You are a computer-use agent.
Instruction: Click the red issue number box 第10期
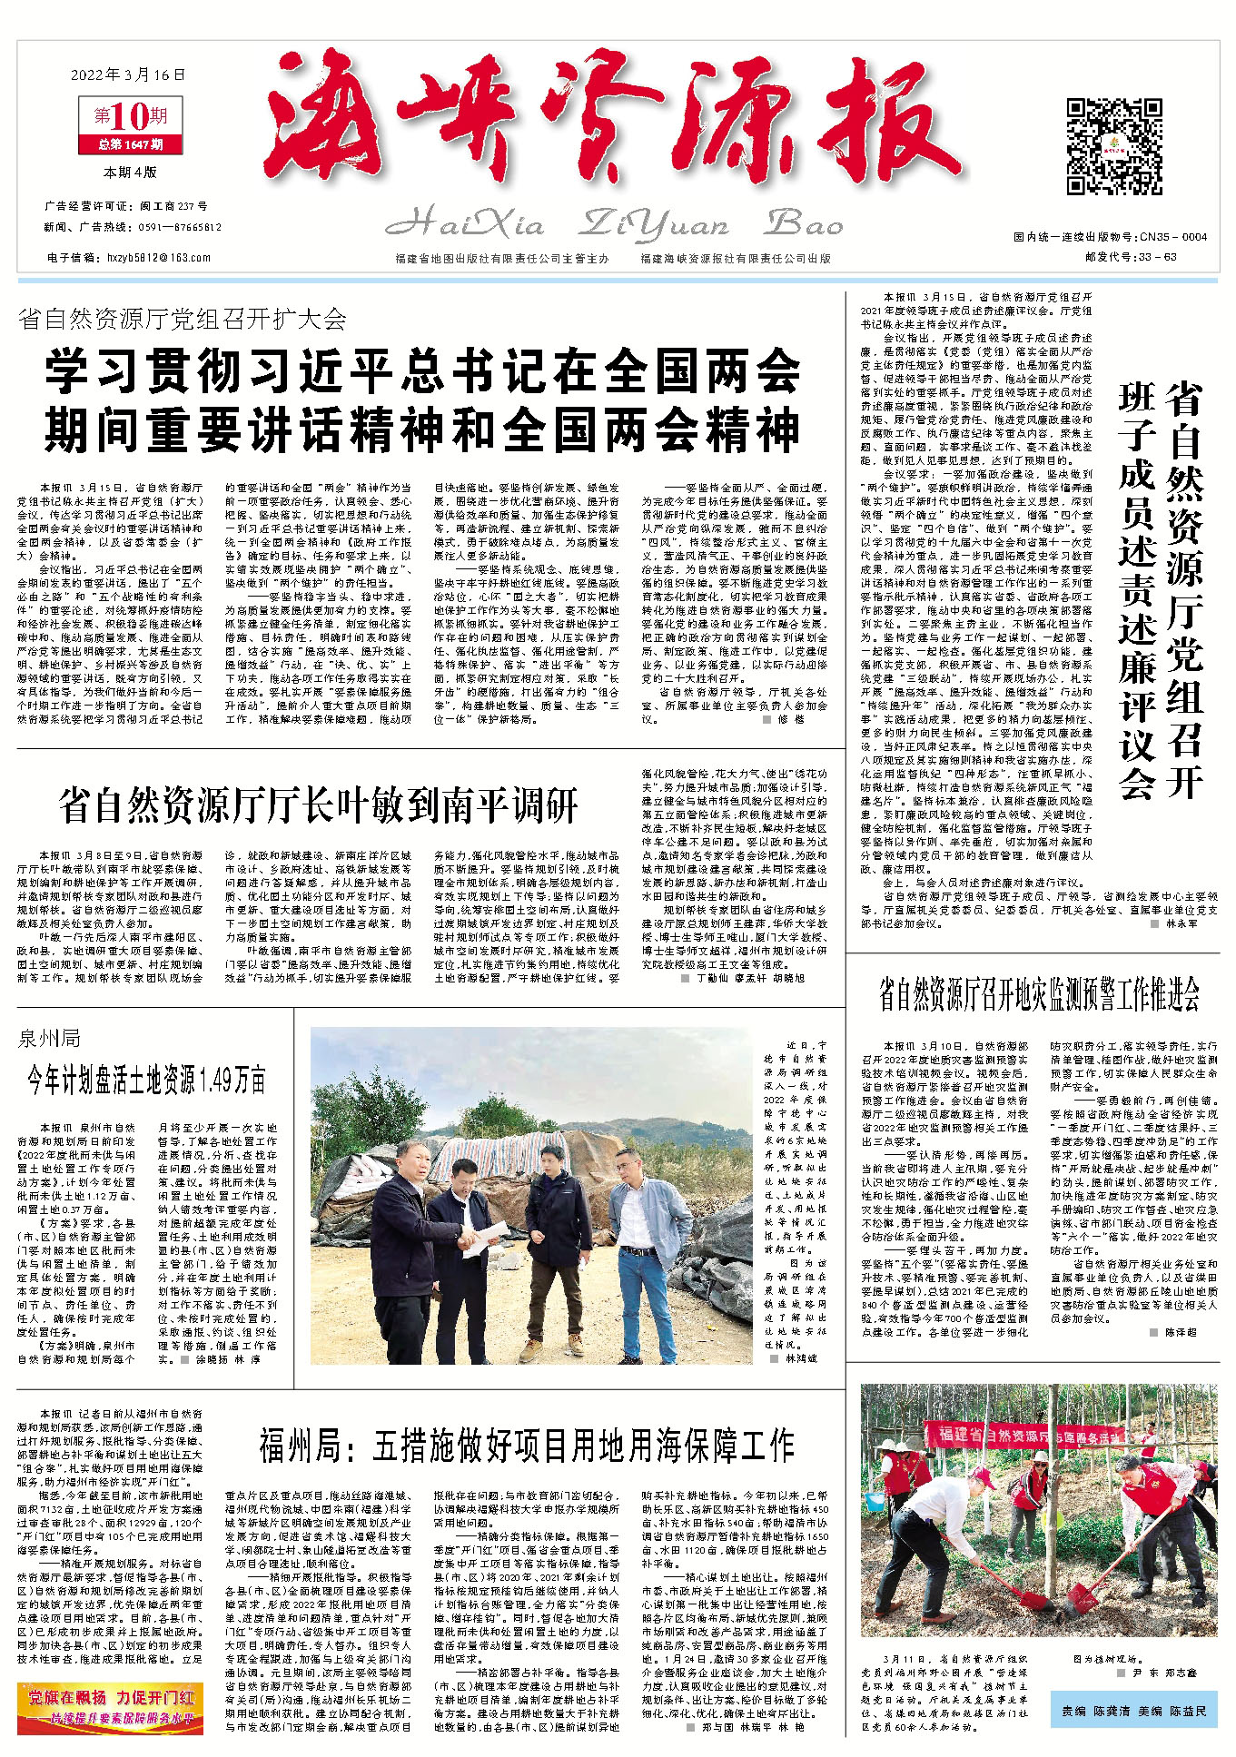coord(131,117)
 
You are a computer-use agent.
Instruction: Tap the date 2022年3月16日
coord(127,74)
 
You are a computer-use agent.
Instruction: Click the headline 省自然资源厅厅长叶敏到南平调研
coord(318,805)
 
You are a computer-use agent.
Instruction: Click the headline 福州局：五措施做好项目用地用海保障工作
coord(526,1445)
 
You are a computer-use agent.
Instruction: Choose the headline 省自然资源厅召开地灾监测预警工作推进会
coord(1039,995)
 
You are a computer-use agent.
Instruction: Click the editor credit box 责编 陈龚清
coord(1132,1711)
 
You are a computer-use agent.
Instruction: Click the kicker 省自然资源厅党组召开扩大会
coord(183,319)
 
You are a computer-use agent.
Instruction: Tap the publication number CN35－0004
coord(1176,237)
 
